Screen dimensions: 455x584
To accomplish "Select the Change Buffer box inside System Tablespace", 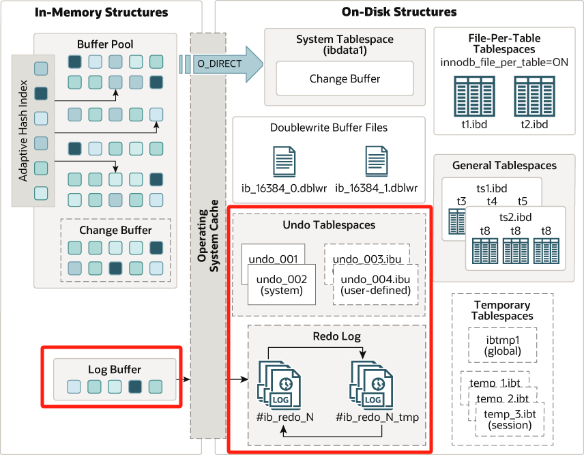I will pos(345,78).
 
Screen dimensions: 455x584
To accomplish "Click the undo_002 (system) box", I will pos(281,284).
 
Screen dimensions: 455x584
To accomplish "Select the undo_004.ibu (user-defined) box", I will pos(375,284).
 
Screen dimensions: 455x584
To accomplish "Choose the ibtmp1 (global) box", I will pos(503,345).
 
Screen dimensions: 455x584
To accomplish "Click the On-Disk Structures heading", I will pos(399,12).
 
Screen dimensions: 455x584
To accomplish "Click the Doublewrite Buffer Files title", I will pos(329,128).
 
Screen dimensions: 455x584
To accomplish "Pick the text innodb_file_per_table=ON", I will pos(505,63).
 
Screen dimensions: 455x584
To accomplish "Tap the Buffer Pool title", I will pos(105,44).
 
